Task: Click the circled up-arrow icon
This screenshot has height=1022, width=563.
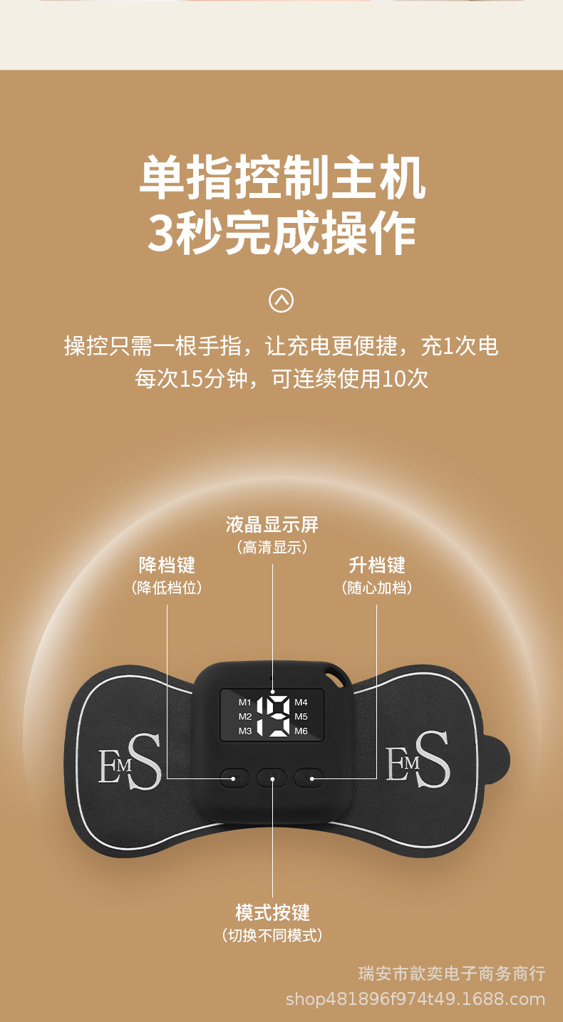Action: (x=281, y=301)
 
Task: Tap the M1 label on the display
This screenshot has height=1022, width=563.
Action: (x=244, y=702)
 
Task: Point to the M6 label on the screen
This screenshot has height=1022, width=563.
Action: (x=301, y=731)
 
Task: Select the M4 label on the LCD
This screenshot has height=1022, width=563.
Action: (x=301, y=702)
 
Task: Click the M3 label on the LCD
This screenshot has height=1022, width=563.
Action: (x=244, y=731)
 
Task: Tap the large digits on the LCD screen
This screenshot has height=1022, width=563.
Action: (x=273, y=716)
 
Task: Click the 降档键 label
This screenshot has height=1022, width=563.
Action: (x=167, y=565)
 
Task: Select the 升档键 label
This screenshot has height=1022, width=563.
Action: (x=377, y=565)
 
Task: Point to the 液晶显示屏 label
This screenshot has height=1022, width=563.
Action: (x=272, y=525)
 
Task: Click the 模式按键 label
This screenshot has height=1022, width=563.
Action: (x=273, y=912)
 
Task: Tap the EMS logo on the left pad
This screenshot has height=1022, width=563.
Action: (x=130, y=761)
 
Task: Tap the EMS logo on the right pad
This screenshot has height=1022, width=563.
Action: (x=418, y=759)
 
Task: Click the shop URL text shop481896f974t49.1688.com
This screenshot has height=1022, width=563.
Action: (x=415, y=999)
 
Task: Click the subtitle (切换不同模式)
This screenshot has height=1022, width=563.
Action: (x=272, y=936)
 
